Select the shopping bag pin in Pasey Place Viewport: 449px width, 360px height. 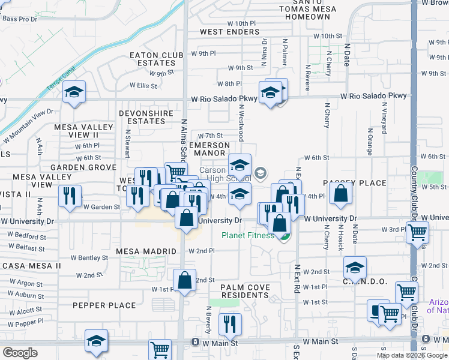[x=340, y=193]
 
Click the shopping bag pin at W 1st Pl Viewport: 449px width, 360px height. [x=184, y=280]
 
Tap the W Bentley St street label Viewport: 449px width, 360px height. [x=92, y=258]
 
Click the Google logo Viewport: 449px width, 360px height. [x=20, y=353]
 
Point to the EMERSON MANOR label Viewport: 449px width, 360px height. [x=209, y=149]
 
